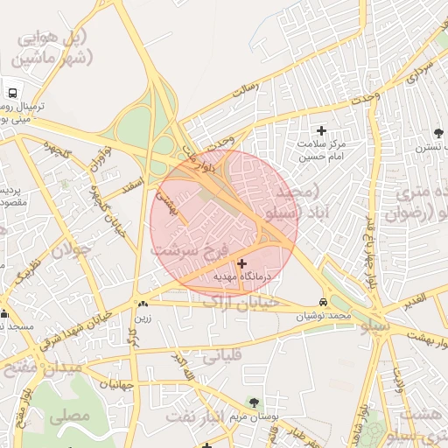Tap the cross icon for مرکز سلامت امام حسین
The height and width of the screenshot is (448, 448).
(320, 129)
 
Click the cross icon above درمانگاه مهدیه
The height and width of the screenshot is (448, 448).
(242, 262)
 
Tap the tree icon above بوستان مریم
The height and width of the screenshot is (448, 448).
(254, 402)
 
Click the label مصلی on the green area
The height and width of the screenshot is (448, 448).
(70, 416)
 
